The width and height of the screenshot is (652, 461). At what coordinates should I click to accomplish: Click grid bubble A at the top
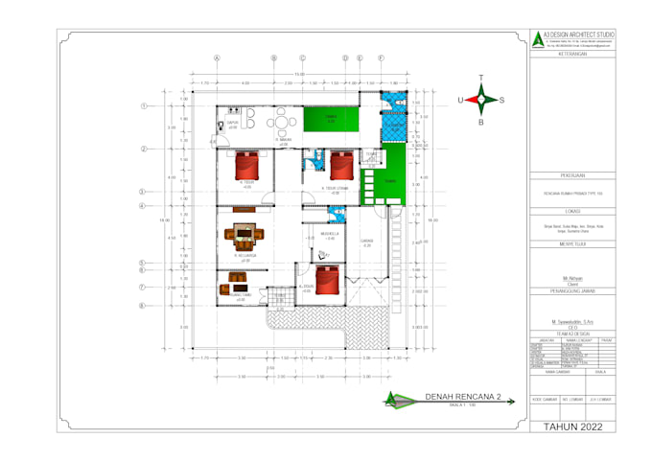tap(217, 58)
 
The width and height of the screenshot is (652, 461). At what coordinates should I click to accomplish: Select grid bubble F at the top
tap(381, 58)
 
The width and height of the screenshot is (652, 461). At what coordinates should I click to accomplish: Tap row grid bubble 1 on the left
tap(143, 106)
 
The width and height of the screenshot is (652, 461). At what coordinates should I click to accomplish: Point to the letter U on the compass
tap(461, 100)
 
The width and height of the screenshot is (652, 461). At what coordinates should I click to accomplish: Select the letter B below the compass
tap(481, 122)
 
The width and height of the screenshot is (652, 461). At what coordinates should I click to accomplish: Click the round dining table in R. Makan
tap(281, 122)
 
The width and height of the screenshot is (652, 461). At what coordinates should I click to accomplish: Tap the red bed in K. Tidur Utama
tap(342, 165)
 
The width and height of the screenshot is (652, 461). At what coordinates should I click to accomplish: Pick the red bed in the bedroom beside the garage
tap(328, 280)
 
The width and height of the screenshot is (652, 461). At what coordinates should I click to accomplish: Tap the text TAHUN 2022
tap(573, 427)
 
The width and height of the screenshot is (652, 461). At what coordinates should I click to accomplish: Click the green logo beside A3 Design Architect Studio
tap(536, 39)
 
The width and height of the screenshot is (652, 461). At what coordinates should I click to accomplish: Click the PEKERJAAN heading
tap(573, 176)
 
